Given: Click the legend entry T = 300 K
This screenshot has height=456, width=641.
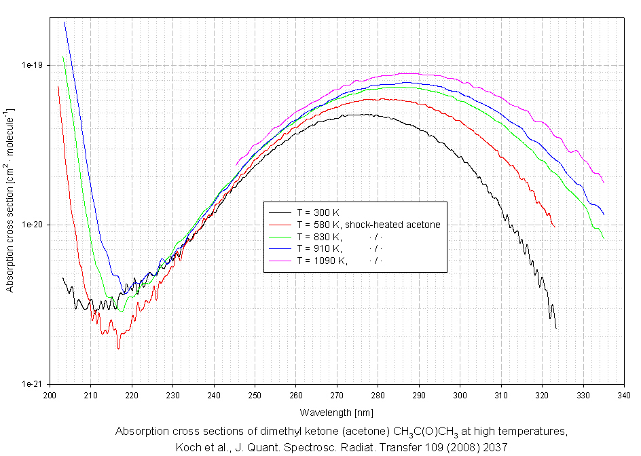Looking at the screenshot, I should [317, 212].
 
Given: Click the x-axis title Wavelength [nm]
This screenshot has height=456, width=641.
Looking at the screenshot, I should [336, 412].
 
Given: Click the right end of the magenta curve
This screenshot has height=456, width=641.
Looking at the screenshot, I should [603, 183].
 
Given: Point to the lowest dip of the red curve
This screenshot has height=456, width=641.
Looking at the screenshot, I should [118, 348].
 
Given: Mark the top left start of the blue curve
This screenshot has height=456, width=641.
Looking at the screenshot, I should [65, 22].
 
